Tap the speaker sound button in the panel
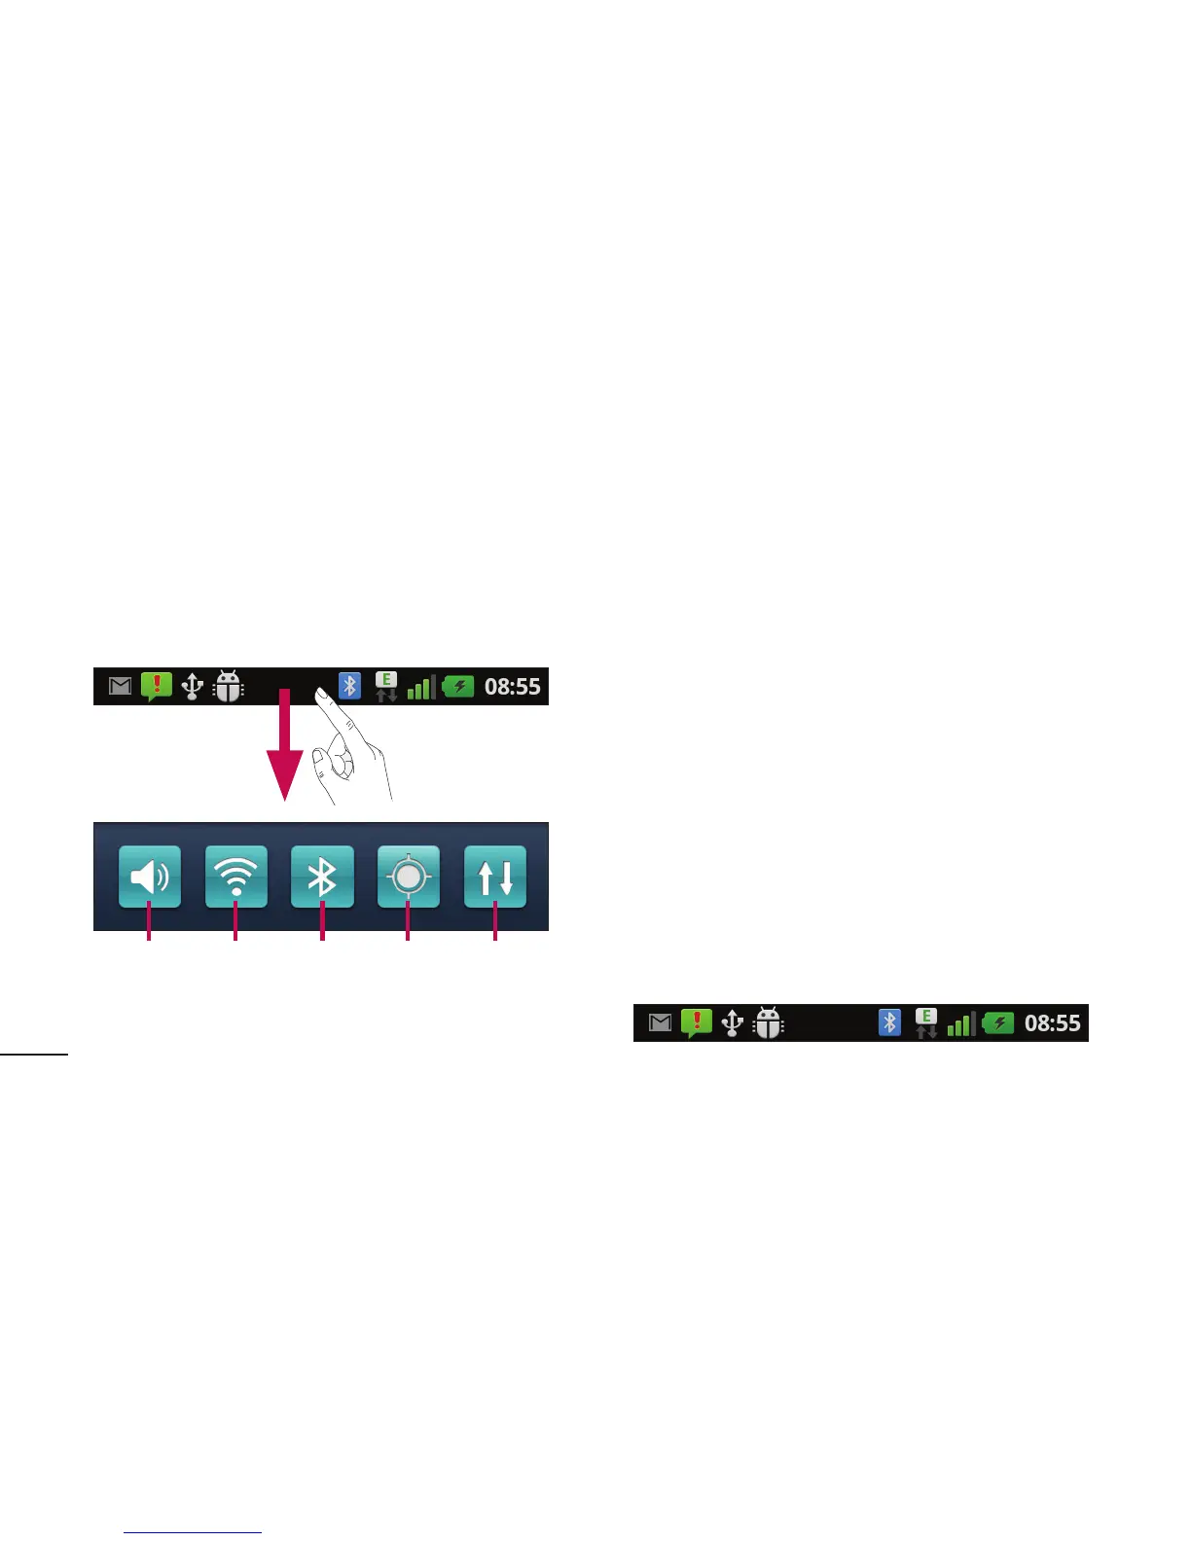pos(150,878)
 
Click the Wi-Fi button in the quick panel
pos(236,878)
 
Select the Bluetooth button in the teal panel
pos(322,878)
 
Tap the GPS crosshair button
pos(409,878)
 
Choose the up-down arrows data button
pos(495,878)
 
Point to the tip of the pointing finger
pos(319,693)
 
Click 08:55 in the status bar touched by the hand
pos(513,687)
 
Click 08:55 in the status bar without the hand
pos(1053,1023)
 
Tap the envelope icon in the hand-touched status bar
pos(120,687)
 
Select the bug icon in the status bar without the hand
pos(769,1023)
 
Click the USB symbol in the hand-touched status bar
pos(193,687)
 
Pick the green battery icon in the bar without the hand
pos(999,1023)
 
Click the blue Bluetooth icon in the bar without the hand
pos(889,1022)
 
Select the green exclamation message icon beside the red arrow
pos(157,686)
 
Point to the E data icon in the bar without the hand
pos(926,1022)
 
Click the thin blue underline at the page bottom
pos(194,1533)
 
